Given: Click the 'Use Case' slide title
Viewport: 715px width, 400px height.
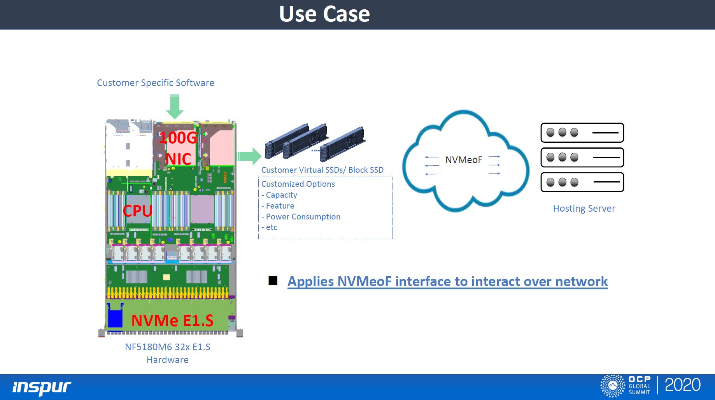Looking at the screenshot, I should tap(324, 14).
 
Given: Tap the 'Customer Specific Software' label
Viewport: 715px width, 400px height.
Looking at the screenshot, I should tap(155, 83).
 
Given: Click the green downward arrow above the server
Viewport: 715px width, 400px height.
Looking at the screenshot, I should tap(175, 107).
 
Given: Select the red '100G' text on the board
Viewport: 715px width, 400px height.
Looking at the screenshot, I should tap(178, 138).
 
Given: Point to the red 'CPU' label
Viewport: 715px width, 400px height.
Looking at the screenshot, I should tap(137, 211).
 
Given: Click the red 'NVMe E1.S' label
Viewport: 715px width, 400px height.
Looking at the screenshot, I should tap(172, 321).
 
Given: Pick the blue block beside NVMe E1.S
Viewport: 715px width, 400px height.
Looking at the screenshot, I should tap(115, 316).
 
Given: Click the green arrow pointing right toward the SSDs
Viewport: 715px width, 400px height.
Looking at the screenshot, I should tap(249, 156).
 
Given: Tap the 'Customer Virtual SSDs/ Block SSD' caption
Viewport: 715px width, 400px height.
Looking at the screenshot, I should tap(322, 170).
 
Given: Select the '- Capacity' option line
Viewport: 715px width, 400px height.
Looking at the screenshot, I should tap(279, 195).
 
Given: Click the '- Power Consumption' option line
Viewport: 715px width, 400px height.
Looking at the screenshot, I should tap(301, 217).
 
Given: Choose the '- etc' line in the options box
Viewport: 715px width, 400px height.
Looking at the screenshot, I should tap(269, 227).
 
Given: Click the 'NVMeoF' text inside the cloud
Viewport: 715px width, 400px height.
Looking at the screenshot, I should tap(464, 160).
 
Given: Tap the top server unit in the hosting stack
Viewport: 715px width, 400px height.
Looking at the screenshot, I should tap(582, 133).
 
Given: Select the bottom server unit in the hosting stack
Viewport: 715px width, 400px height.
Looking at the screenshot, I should tap(582, 182).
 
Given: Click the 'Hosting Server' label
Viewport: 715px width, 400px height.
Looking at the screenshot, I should tap(584, 209).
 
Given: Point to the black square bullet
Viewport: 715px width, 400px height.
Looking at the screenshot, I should tap(273, 281).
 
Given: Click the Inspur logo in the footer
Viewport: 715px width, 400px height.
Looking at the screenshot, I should tap(42, 387).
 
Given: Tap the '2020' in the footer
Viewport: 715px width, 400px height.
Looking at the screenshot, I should tap(682, 385).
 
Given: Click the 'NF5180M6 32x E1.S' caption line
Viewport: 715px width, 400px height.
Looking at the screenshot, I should tap(167, 347).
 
